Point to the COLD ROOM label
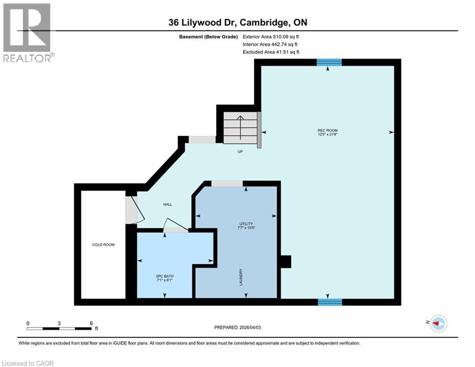point(104,245)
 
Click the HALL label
point(168,205)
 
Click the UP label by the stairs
point(241,151)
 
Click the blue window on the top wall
point(329,62)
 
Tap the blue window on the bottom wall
point(330,302)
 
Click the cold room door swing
point(132,210)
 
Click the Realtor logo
point(28,32)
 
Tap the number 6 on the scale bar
point(91,323)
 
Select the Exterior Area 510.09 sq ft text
point(271,36)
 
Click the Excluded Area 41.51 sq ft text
point(271,52)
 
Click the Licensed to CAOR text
point(28,363)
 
